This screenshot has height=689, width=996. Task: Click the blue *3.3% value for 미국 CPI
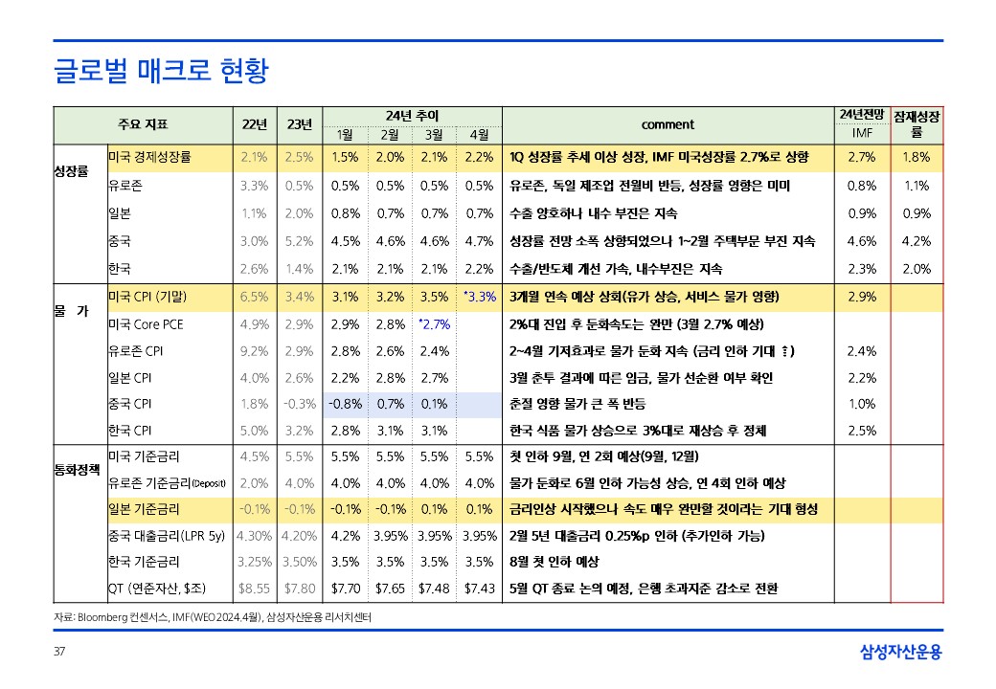coord(479,297)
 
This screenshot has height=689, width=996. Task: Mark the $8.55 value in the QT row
coord(254,588)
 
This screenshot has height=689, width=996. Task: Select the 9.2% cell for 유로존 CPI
coord(254,350)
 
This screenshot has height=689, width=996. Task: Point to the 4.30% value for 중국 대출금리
coord(254,535)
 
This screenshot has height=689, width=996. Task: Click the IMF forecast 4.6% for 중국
coord(862,242)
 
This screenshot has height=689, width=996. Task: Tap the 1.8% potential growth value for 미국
coord(916,157)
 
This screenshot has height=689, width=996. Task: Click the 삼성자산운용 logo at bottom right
coord(900,653)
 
